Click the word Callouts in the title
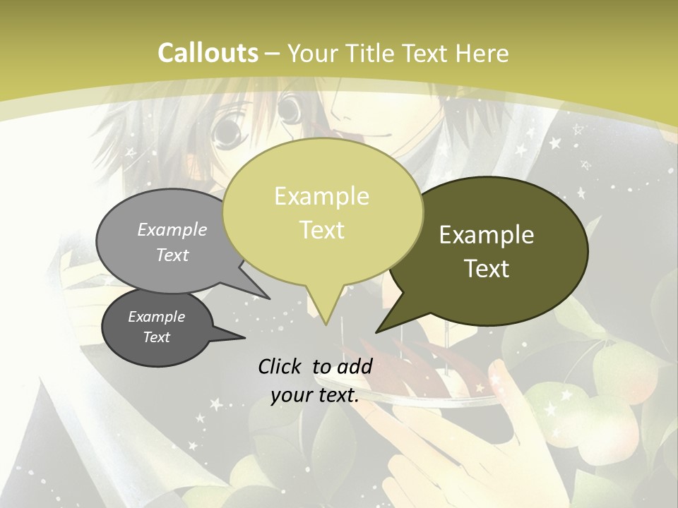(208, 53)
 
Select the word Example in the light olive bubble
(321, 196)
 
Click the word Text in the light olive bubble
(321, 230)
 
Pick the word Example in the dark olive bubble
(487, 235)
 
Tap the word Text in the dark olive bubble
(487, 269)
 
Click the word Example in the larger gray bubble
(172, 230)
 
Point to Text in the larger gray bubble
(172, 255)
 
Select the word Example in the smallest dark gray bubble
(156, 317)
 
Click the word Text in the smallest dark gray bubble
(156, 337)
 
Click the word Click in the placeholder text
(281, 366)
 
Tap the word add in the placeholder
(355, 366)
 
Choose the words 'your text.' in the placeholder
(315, 396)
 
